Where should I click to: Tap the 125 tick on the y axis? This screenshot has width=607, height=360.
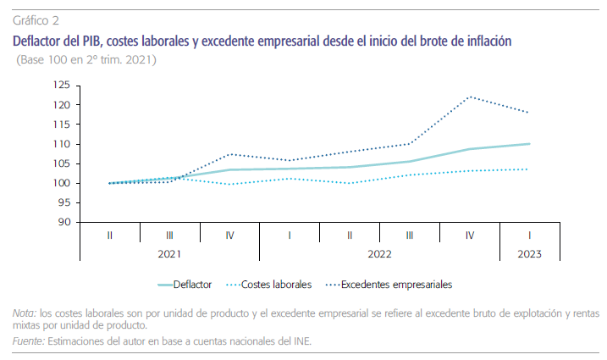click(x=61, y=85)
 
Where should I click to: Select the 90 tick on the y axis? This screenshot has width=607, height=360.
click(x=63, y=223)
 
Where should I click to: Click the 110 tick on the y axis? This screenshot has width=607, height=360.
click(x=61, y=144)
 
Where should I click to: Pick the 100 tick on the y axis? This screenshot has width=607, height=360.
click(x=61, y=183)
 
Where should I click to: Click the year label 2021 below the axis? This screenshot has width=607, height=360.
click(x=169, y=252)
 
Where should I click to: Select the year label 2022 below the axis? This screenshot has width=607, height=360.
click(x=378, y=252)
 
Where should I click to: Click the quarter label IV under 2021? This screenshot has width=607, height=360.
click(x=229, y=234)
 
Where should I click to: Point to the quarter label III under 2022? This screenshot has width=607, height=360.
click(x=409, y=234)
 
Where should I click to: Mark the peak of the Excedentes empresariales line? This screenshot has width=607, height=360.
click(x=470, y=97)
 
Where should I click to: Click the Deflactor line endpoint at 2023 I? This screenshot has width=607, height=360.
click(x=529, y=144)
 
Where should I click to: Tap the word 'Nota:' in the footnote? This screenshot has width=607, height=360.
click(x=25, y=313)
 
